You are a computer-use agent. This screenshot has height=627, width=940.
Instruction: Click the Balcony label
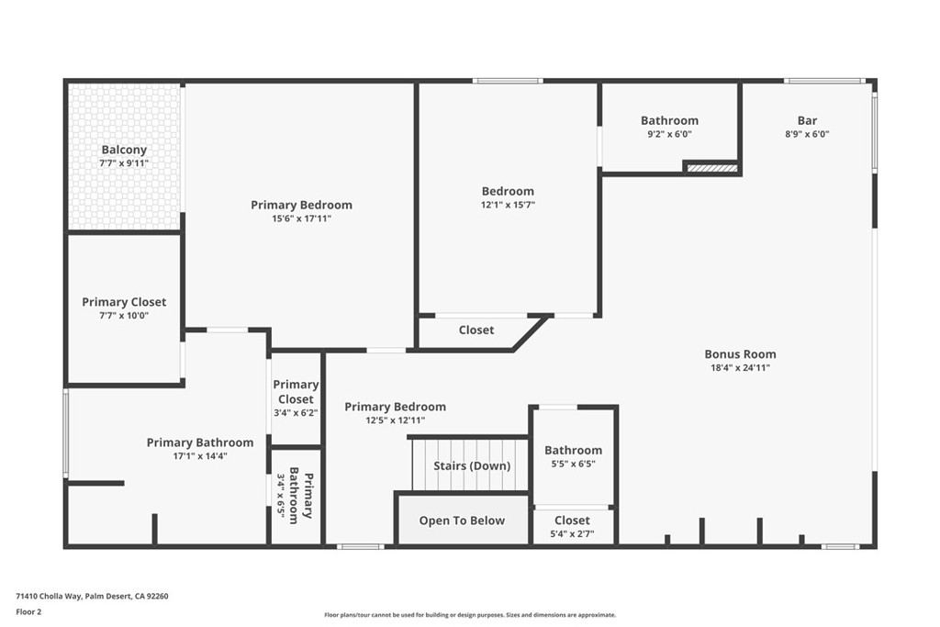[124, 150]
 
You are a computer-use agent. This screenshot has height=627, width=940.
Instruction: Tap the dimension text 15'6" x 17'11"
[301, 218]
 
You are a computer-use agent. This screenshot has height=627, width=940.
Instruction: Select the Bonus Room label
[740, 353]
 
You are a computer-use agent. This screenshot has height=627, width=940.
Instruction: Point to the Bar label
[807, 120]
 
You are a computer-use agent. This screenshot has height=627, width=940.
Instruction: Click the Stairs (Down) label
[472, 465]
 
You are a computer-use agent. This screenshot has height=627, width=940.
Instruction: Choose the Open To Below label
[462, 521]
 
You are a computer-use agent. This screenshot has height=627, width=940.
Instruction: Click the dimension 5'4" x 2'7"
[572, 534]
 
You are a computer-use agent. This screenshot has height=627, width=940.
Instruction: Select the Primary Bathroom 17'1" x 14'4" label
[200, 442]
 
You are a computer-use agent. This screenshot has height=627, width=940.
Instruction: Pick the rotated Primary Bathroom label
[301, 498]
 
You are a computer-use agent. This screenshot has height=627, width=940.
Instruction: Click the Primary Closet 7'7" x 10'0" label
[124, 302]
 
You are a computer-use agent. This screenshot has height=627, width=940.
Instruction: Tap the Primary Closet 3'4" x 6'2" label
[296, 392]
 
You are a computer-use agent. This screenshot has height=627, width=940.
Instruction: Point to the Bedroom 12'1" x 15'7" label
[508, 191]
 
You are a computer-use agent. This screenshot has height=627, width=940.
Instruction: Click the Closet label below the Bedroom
[476, 330]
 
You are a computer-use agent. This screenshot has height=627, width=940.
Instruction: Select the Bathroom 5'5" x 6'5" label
[573, 450]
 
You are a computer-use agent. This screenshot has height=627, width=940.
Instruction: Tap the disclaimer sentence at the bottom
[469, 615]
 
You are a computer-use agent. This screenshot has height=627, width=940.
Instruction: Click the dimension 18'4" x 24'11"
[740, 367]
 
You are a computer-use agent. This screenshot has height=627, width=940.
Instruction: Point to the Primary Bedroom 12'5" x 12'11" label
[395, 407]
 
